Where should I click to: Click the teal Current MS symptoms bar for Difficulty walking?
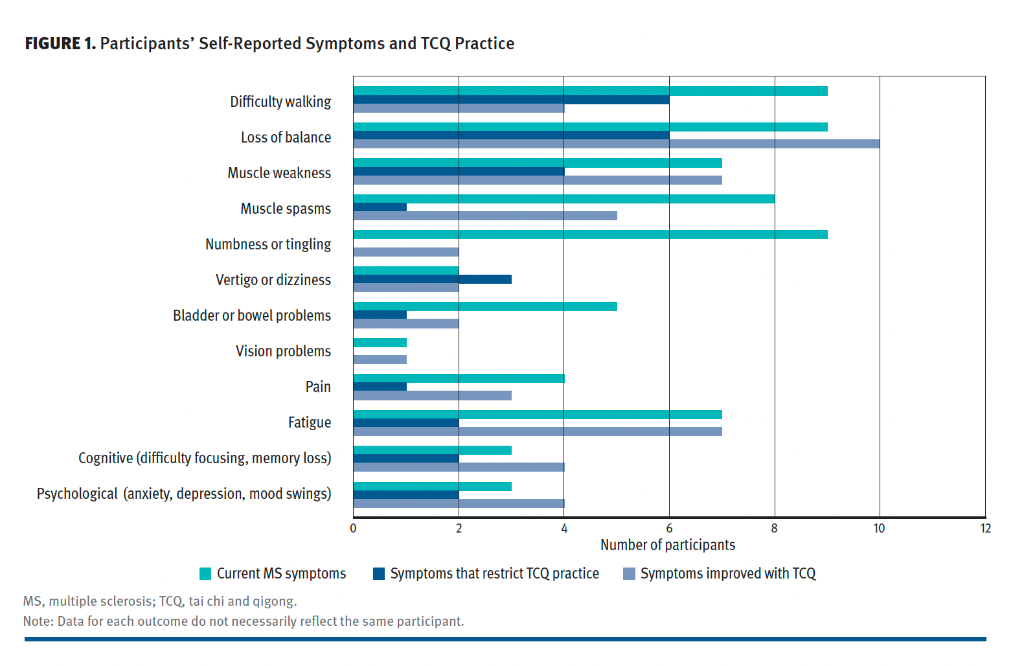pos(590,91)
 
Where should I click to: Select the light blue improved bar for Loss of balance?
pos(616,144)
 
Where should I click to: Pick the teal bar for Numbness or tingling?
pos(590,235)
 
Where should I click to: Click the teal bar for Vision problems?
pos(380,343)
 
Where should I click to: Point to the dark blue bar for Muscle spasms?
pos(380,207)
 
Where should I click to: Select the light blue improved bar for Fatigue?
pos(538,431)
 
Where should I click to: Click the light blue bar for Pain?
pos(432,395)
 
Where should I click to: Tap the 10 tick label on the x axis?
pos(879,529)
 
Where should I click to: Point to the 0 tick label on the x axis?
pos(353,529)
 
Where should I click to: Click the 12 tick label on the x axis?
pos(985,529)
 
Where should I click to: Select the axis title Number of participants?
pos(668,545)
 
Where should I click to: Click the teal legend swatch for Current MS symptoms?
pos(205,574)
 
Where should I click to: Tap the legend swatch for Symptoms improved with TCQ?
pos(629,574)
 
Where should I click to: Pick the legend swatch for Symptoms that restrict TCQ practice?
pos(379,574)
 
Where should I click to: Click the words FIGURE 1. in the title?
pos(60,43)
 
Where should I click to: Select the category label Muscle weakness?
pos(279,173)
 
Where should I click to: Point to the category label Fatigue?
pos(310,422)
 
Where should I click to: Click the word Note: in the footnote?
pos(38,621)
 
